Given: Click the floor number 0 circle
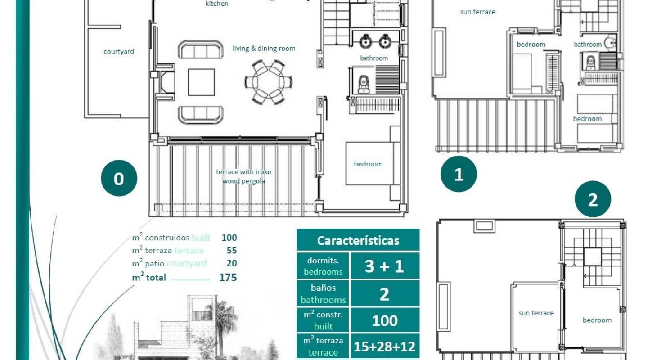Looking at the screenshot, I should (119, 179).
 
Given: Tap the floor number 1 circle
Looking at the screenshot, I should (459, 174).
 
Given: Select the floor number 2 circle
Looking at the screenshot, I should (593, 199).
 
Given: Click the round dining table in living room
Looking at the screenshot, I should (269, 82).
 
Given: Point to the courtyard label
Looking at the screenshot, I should (119, 51).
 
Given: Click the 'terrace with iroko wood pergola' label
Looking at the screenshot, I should (243, 176).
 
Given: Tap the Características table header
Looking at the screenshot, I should (358, 240).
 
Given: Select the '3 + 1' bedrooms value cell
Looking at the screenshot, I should (384, 266).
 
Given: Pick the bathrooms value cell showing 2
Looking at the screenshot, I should (384, 294).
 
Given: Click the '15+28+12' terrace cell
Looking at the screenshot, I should (384, 346).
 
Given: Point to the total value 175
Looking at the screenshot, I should (228, 278).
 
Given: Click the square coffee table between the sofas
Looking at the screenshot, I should (201, 82).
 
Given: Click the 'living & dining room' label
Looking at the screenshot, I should (264, 49).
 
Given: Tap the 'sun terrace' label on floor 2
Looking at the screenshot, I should (536, 313).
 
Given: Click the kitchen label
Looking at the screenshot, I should (217, 4).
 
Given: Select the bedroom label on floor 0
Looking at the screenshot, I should (368, 164).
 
